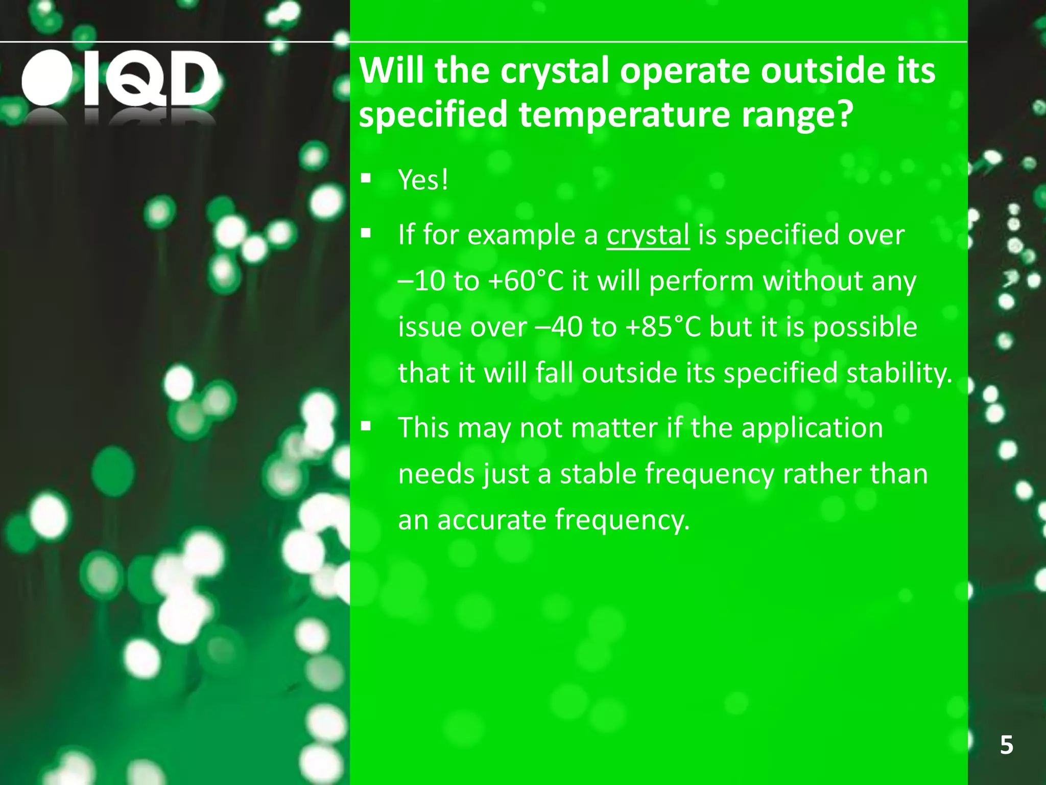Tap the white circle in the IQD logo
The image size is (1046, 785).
pos(47,78)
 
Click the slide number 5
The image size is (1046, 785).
pos(1006,745)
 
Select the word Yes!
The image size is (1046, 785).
pos(423,180)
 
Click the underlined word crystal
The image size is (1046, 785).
pos(648,235)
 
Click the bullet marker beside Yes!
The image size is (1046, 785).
pos(366,179)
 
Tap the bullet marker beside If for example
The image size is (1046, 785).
pos(366,234)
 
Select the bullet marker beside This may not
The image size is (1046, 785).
pos(366,427)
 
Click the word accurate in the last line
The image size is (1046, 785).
pos(492,520)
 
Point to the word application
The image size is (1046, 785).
pos(812,428)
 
